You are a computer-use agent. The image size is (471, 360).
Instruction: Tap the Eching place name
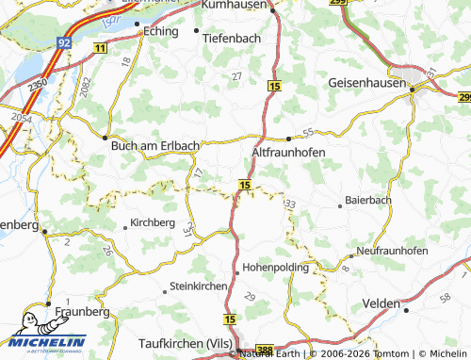[x=160, y=31]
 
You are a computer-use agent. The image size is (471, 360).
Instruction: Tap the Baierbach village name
[x=365, y=201]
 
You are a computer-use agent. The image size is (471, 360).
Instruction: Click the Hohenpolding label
[x=276, y=268]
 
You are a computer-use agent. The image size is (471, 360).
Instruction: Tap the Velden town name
[x=382, y=306]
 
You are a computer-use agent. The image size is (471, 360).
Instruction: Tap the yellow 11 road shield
[x=101, y=46]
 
